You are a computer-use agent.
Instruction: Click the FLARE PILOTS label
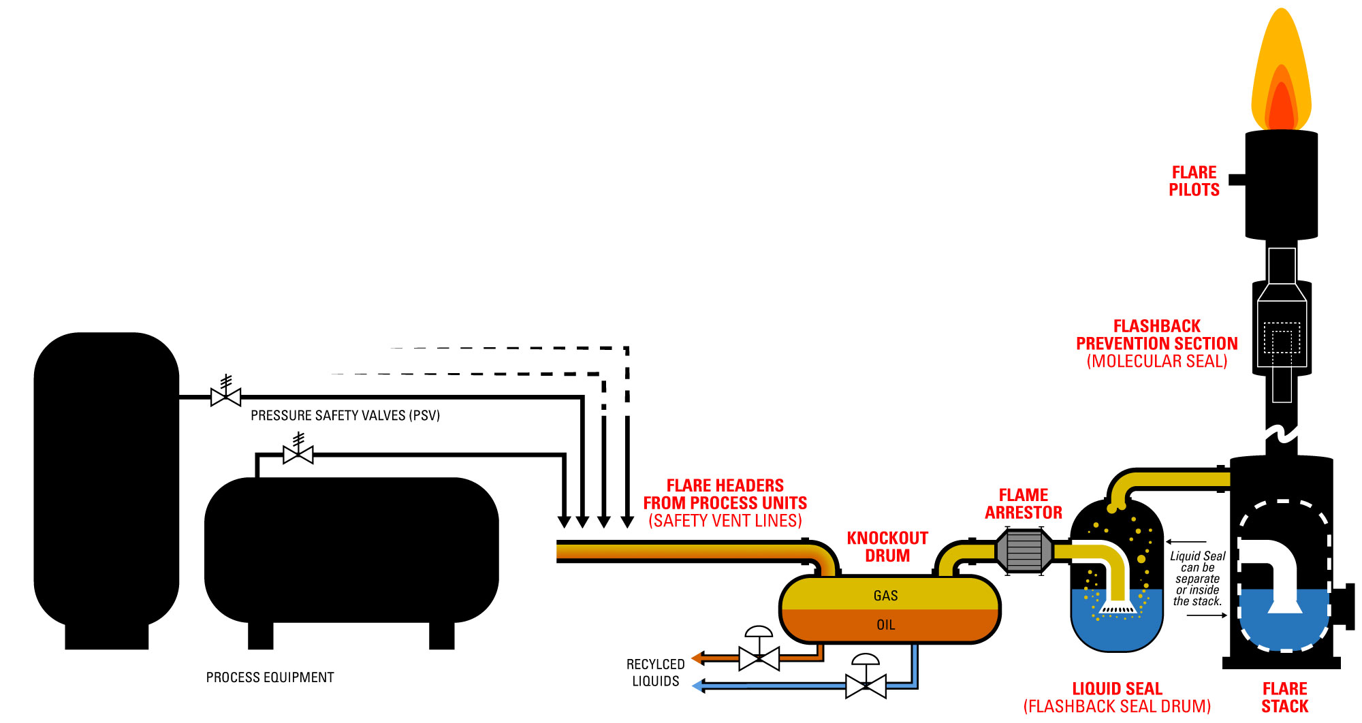(1194, 181)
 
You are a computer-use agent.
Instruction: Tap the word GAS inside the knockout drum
(885, 596)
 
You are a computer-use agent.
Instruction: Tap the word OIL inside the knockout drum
(885, 625)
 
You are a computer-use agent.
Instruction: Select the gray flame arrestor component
(1024, 551)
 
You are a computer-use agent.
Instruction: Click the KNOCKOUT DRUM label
(887, 547)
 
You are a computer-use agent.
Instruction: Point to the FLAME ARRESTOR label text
(1023, 504)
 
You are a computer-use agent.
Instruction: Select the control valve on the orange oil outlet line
(759, 658)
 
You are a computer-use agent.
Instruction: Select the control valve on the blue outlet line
(866, 685)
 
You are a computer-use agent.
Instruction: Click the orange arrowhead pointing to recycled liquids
(697, 658)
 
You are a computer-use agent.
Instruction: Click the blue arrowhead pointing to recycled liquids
(698, 686)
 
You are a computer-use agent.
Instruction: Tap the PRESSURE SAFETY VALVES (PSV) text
(345, 415)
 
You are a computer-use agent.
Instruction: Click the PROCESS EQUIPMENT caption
(270, 677)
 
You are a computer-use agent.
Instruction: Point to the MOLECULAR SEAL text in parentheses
(1156, 361)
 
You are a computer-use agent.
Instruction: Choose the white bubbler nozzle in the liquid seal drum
(1118, 608)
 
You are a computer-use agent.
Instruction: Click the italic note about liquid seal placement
(1197, 579)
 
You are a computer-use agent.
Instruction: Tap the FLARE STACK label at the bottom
(1284, 697)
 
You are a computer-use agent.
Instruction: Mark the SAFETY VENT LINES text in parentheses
(725, 521)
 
